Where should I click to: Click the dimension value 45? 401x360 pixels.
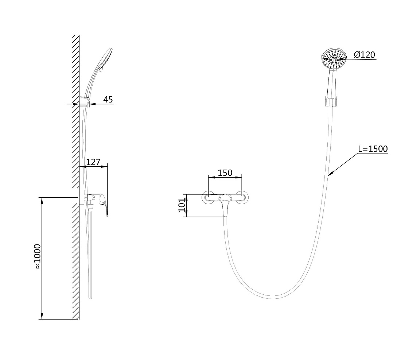108,100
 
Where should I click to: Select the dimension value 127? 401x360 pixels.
93,162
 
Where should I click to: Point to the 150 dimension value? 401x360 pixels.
225,173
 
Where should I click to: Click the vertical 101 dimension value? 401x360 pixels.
182,205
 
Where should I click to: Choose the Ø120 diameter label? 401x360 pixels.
365,55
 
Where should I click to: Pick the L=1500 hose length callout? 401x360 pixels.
373,149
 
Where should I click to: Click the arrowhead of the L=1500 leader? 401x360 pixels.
330,174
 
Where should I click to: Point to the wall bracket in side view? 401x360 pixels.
85,101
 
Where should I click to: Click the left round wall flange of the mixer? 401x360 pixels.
208,198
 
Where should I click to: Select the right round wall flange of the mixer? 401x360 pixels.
242,198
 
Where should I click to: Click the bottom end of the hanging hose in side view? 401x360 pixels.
90,298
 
